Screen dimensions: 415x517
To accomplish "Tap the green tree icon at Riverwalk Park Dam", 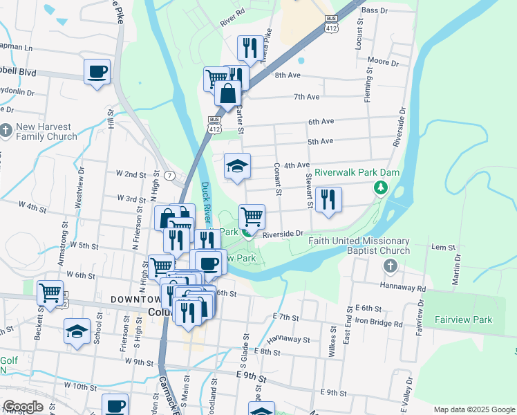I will click(x=379, y=187).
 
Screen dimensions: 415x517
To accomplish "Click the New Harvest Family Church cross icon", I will click(x=6, y=129).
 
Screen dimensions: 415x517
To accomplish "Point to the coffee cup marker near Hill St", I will click(x=97, y=71).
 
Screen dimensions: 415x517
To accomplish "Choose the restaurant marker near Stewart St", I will click(x=328, y=200).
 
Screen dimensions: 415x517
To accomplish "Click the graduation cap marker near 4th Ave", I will click(x=237, y=166).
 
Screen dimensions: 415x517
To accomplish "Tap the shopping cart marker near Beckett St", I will click(x=50, y=293).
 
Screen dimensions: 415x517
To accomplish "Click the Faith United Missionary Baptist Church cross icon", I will click(x=390, y=266).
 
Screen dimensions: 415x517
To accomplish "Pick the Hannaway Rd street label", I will click(x=402, y=285).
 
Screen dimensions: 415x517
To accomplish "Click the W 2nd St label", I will click(x=131, y=174).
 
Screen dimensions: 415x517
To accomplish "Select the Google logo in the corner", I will click(x=23, y=407).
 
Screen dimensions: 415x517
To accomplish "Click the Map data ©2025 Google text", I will click(x=474, y=409).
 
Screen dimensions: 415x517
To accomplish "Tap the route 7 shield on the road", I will click(x=169, y=175).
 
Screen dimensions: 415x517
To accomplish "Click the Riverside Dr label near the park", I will click(x=283, y=234).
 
